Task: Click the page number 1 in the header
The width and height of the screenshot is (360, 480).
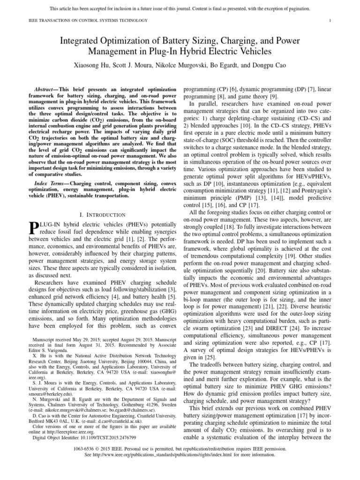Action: [x=330, y=20]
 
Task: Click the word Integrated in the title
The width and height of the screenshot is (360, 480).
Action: [x=87, y=42]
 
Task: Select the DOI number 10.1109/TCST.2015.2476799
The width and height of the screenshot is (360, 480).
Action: [x=110, y=437]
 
